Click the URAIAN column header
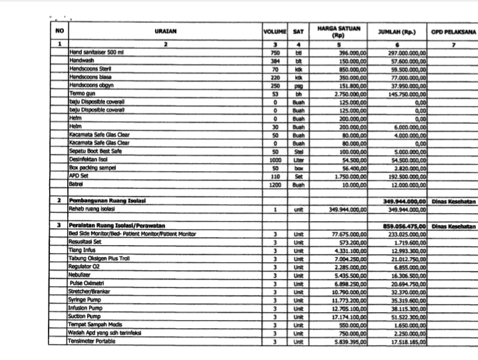[x=166, y=31]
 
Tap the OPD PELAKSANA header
[x=453, y=31]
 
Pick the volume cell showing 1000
[x=275, y=160]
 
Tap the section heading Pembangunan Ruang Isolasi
[x=108, y=200]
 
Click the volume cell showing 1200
[x=275, y=185]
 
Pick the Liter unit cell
[x=299, y=160]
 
